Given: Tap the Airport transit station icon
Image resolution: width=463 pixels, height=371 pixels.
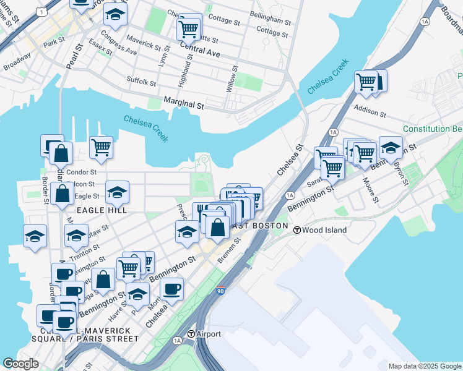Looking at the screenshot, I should pyautogui.click(x=192, y=334).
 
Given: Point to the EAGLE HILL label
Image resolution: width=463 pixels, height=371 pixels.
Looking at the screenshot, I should pyautogui.click(x=102, y=210).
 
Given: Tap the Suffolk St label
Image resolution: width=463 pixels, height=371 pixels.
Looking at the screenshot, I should pyautogui.click(x=141, y=81).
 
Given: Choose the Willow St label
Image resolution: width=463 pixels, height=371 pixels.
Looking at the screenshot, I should pyautogui.click(x=230, y=81).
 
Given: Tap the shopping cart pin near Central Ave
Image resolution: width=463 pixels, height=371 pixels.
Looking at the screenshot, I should pyautogui.click(x=189, y=27).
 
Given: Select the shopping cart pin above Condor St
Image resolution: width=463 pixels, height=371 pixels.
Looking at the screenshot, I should pyautogui.click(x=101, y=147).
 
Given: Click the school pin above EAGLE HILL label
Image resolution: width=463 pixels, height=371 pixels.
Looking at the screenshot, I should pyautogui.click(x=117, y=192).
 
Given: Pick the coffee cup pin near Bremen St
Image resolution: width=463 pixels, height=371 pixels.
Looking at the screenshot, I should pyautogui.click(x=171, y=288).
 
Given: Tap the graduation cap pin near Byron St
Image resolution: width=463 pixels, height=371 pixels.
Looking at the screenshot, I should pyautogui.click(x=391, y=147).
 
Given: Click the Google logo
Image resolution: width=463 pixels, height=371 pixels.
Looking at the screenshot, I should pyautogui.click(x=20, y=364).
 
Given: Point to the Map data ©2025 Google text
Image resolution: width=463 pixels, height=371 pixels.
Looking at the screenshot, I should pyautogui.click(x=425, y=366).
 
